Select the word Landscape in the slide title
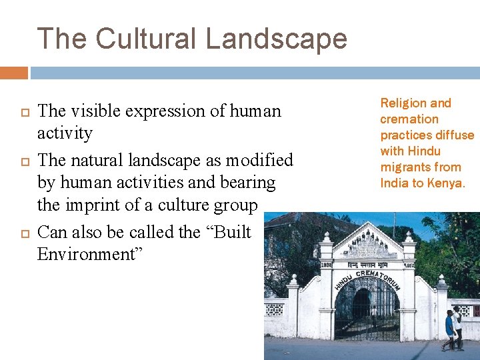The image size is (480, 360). tap(277, 39)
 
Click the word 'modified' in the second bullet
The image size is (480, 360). tap(259, 160)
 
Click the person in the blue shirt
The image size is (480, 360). tap(450, 329)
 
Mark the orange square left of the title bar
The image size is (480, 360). tap(13, 73)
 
